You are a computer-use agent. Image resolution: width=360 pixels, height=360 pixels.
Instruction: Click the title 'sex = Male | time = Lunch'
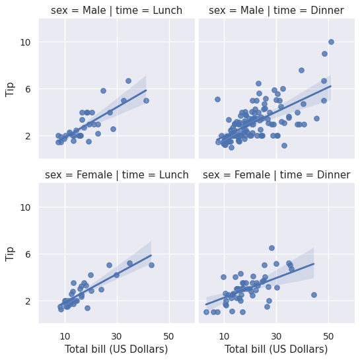coord(117,11)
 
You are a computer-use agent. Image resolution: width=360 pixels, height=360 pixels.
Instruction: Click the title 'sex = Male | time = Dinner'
coord(276,11)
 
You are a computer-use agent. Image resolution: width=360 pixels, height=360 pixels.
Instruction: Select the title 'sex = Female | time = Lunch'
coord(117,175)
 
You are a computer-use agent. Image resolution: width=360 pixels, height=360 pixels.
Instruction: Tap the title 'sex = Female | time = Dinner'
coord(276,175)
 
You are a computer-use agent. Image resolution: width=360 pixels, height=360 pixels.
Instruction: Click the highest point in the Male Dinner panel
coord(331,42)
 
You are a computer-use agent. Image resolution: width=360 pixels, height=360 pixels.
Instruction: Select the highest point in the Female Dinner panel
coord(271,248)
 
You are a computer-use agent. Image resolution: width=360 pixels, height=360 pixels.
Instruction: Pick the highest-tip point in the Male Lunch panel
coord(128,81)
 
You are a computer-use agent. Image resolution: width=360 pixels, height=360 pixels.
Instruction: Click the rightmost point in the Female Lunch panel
coord(151,265)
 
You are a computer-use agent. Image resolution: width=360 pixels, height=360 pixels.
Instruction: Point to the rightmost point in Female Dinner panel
coord(314,295)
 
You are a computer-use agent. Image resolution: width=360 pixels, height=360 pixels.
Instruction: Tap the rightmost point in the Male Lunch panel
coord(146,100)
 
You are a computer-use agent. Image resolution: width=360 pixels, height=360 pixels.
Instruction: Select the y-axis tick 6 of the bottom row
coord(28,254)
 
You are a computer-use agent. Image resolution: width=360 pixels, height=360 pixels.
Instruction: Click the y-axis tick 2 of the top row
coord(28,136)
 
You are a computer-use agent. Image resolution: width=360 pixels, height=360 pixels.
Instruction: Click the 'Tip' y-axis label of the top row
coord(10,89)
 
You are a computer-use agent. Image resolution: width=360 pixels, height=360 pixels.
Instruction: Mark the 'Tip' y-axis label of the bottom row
coord(10,254)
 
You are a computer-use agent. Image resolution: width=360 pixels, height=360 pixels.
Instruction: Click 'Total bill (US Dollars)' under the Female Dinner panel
coord(276,349)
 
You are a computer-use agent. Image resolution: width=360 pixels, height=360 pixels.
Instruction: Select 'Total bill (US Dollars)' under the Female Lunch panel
coord(116,349)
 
